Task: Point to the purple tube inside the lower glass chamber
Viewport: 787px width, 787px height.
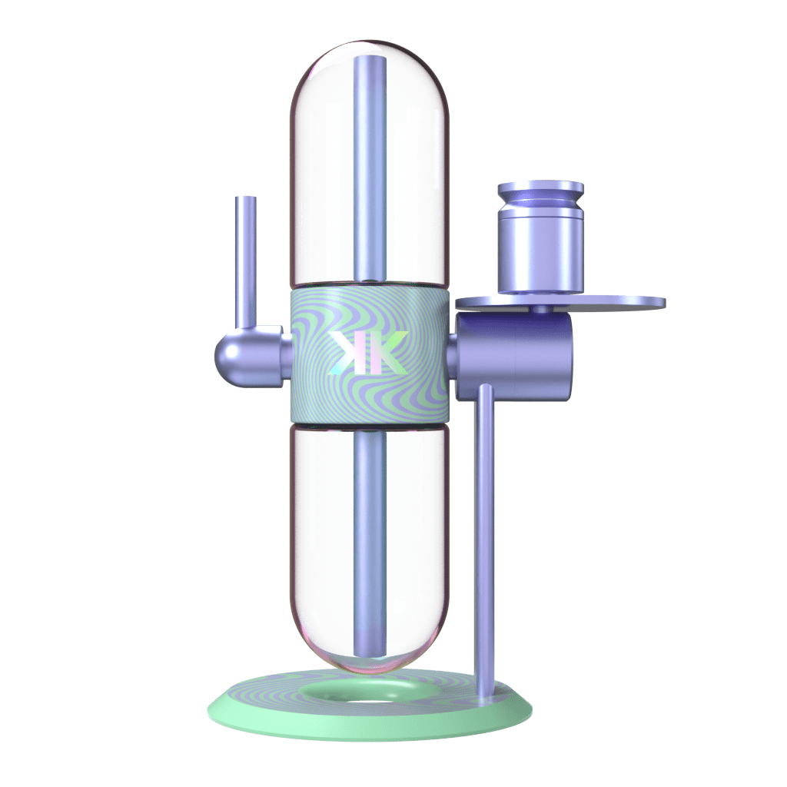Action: [x=369, y=538]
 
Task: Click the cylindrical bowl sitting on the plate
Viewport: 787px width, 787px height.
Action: [x=540, y=254]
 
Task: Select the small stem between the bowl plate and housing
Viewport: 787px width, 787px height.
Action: [x=543, y=309]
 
